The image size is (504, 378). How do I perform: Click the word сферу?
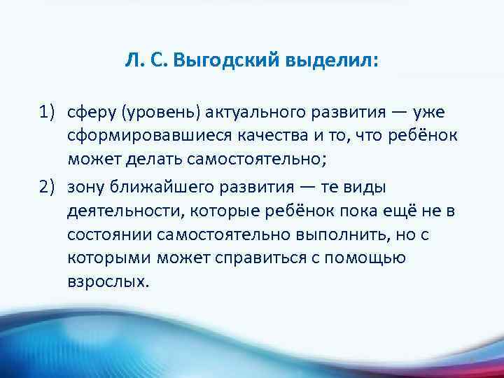(88, 112)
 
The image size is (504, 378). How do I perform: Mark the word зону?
(85, 187)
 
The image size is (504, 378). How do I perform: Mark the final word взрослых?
(108, 282)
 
